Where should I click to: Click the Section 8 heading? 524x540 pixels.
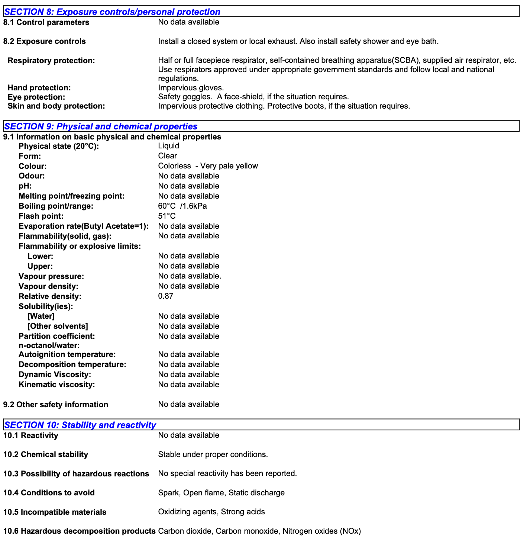coord(112,12)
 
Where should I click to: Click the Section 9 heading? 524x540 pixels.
coord(101,126)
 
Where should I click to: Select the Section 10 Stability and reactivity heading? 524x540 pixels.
coord(80,425)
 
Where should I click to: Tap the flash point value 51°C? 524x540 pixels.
coord(167,216)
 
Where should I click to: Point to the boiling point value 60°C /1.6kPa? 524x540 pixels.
coord(182,206)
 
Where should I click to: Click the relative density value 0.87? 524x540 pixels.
coord(166,296)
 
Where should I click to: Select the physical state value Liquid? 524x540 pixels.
coord(169,146)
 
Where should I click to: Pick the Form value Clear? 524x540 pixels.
coord(168,156)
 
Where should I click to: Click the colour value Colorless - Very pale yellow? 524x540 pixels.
coord(208,166)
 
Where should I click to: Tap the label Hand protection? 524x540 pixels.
coord(39,88)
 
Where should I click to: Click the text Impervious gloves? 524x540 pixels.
coord(191,88)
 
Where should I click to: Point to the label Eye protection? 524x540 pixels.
coord(36,97)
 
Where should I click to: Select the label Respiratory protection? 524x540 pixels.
coord(51,61)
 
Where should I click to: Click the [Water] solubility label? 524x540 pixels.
coord(41,316)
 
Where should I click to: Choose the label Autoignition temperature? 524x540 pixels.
coord(67,354)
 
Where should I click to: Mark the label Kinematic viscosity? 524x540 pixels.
coord(57,385)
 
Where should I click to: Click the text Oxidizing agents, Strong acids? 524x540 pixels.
coord(211,512)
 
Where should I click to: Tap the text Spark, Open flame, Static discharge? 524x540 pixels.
coord(221,493)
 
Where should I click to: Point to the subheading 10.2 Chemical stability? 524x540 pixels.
coord(46,454)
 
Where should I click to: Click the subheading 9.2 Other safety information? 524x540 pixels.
coord(56,405)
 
